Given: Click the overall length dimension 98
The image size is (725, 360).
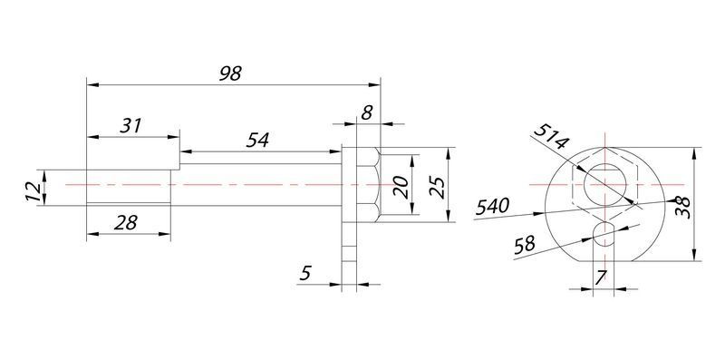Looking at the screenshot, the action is coord(230,73).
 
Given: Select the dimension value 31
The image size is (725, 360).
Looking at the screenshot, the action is coord(130,126).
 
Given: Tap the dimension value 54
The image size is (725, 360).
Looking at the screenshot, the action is coord(257,141).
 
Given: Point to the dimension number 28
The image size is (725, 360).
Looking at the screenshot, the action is coord(126,223).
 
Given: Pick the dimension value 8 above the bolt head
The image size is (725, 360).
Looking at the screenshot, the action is coord(367,113).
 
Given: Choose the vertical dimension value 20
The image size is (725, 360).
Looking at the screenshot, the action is coord(401,188).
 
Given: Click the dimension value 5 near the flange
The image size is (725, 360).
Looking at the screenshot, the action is coord(305,274).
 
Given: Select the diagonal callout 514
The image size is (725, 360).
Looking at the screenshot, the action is coord(551,137).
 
